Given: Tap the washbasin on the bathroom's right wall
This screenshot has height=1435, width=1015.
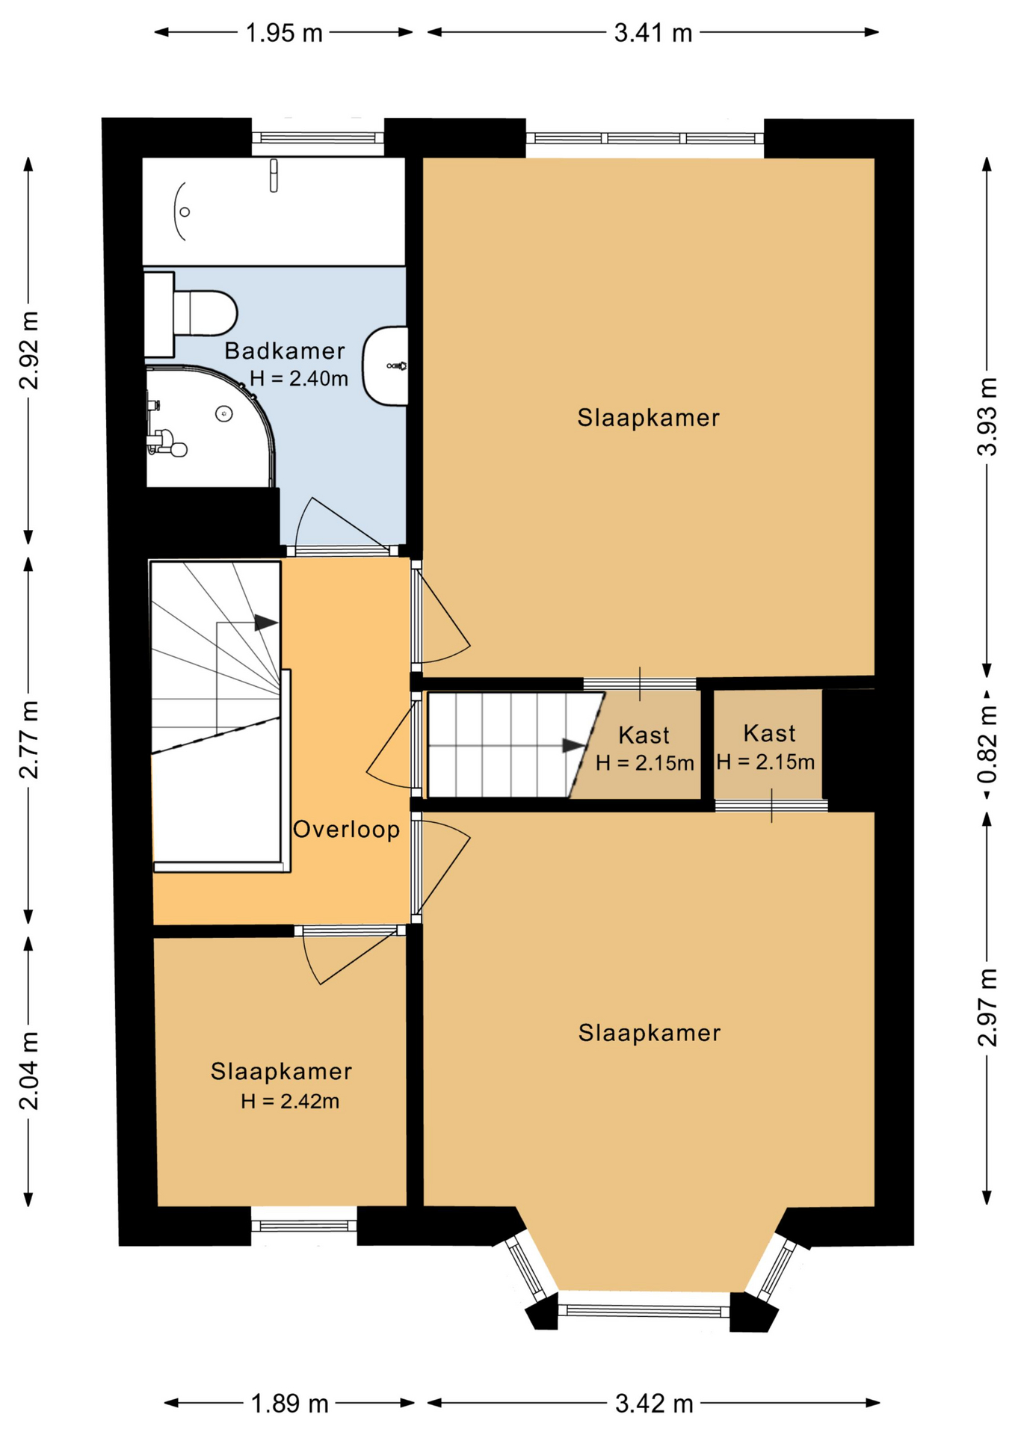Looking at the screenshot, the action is click(x=386, y=365).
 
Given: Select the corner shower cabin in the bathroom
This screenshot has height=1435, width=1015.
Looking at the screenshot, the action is click(x=210, y=426).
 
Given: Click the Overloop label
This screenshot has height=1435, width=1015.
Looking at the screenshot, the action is click(x=346, y=830).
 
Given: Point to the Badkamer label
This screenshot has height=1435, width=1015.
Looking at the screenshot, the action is click(x=285, y=351).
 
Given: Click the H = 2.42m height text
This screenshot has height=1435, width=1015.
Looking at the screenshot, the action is click(x=290, y=1101).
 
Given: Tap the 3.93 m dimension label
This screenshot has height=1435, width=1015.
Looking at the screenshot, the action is click(x=987, y=417).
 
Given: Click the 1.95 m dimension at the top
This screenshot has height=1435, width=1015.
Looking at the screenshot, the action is click(x=284, y=33).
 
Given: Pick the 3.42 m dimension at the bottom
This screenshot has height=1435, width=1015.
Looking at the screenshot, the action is click(x=654, y=1404).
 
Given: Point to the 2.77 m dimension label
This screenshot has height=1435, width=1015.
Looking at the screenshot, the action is click(x=28, y=740).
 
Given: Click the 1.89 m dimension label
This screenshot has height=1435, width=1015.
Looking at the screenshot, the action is click(x=289, y=1404).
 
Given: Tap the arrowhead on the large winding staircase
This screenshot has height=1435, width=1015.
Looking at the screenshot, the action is click(x=266, y=622).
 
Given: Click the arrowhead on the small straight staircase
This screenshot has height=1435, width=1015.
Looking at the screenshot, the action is click(x=574, y=745).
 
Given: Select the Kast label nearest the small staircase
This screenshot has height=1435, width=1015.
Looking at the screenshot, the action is click(x=644, y=735).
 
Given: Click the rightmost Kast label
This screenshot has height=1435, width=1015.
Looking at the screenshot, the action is click(x=769, y=733).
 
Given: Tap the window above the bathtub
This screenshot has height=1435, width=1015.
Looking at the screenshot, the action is click(x=318, y=138).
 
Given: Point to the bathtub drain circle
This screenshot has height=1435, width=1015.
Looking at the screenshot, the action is click(x=185, y=212).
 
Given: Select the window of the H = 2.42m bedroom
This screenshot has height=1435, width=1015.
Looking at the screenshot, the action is click(x=303, y=1226).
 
